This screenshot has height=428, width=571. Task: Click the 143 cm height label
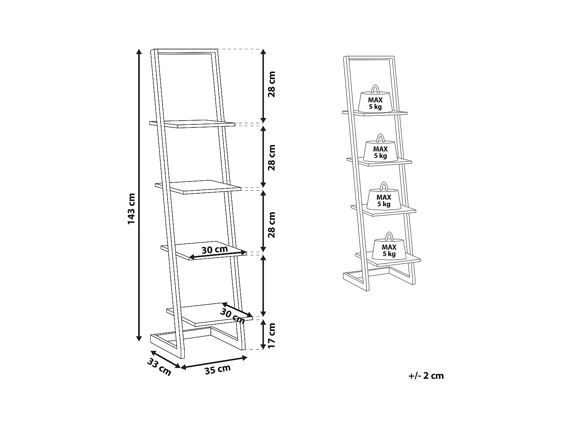131,208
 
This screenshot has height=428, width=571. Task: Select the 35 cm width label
218,369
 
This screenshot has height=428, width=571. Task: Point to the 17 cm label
271,335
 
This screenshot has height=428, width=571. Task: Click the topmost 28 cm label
271,84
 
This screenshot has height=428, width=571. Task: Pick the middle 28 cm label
271,158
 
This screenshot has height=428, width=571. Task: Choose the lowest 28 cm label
271,225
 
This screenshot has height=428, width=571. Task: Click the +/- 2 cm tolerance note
426,376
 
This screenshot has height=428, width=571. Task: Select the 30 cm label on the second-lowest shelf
214,250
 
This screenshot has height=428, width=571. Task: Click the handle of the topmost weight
375,89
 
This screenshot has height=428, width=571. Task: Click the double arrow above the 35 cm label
214,362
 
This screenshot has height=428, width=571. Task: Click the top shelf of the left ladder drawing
192,124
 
